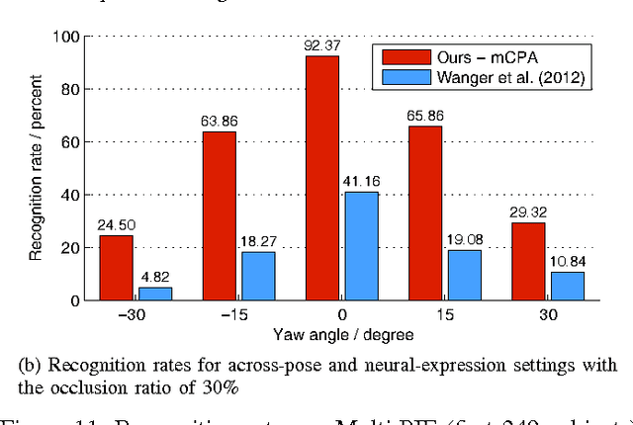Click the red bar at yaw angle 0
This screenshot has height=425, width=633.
click(322, 178)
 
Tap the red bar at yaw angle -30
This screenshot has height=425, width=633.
click(117, 268)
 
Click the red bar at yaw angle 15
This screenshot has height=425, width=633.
click(424, 213)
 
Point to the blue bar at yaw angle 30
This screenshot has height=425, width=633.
click(568, 286)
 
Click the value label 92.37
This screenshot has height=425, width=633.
click(322, 45)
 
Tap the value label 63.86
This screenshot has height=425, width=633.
click(220, 122)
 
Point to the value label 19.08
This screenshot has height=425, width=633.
click(465, 238)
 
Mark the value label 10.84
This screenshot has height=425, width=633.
click(568, 260)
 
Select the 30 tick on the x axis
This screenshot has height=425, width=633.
click(547, 316)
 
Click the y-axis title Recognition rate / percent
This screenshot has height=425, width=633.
click(36, 168)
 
